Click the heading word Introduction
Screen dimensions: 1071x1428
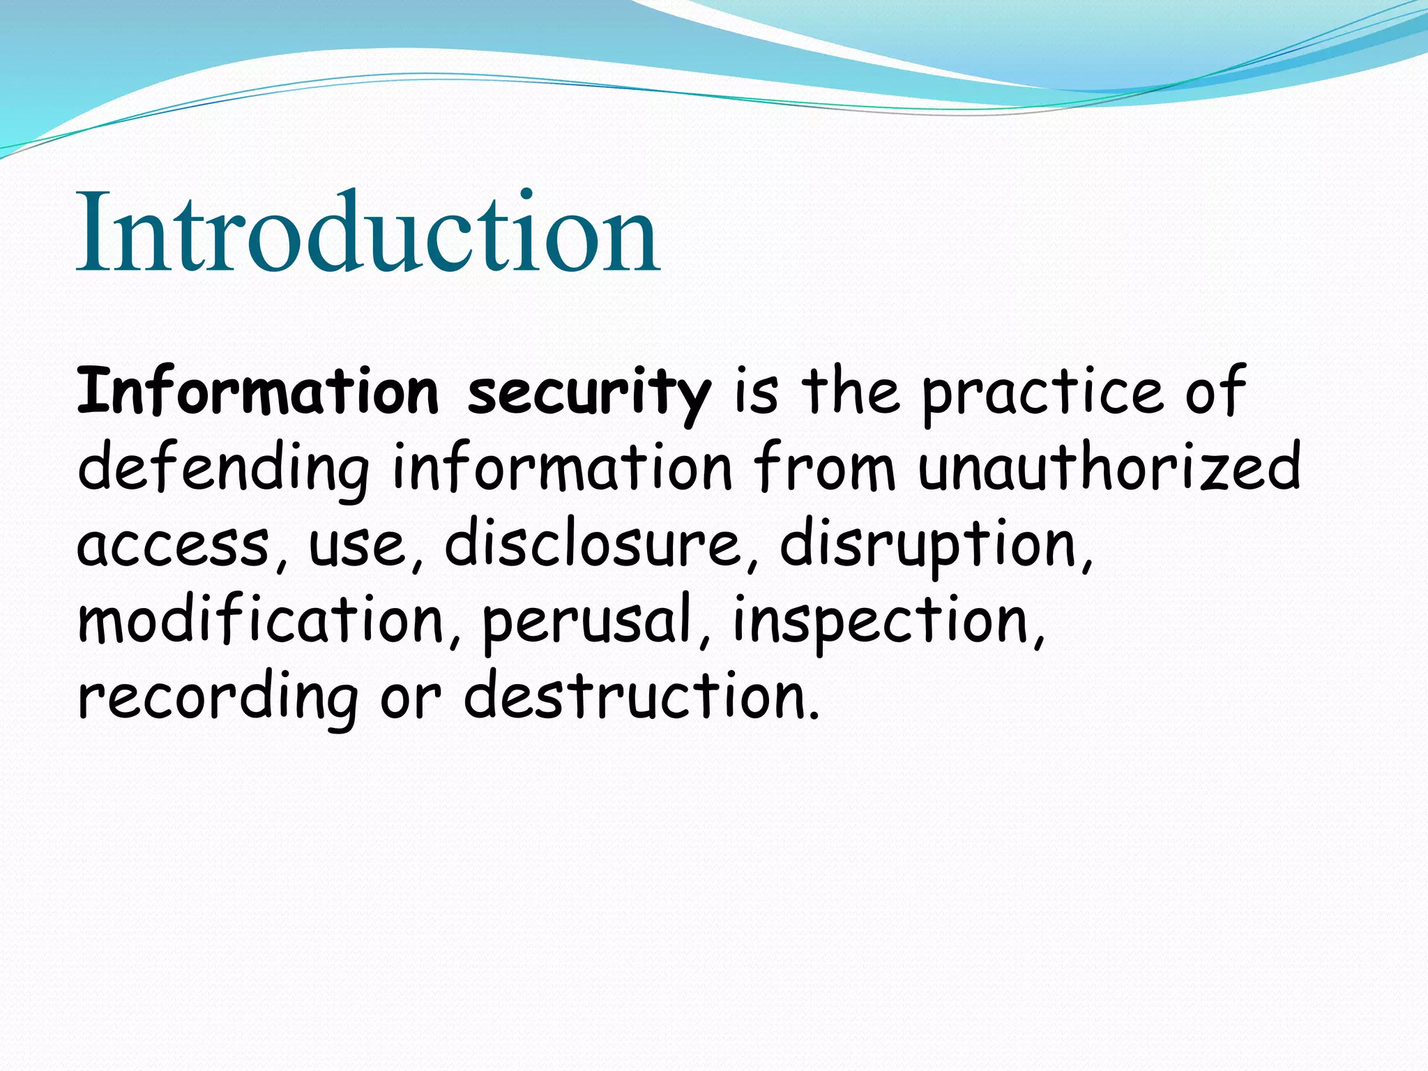point(367,232)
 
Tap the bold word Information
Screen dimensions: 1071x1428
point(257,391)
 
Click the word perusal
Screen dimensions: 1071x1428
point(588,621)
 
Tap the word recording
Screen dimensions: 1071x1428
point(217,697)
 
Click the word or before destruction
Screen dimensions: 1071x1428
point(411,697)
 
